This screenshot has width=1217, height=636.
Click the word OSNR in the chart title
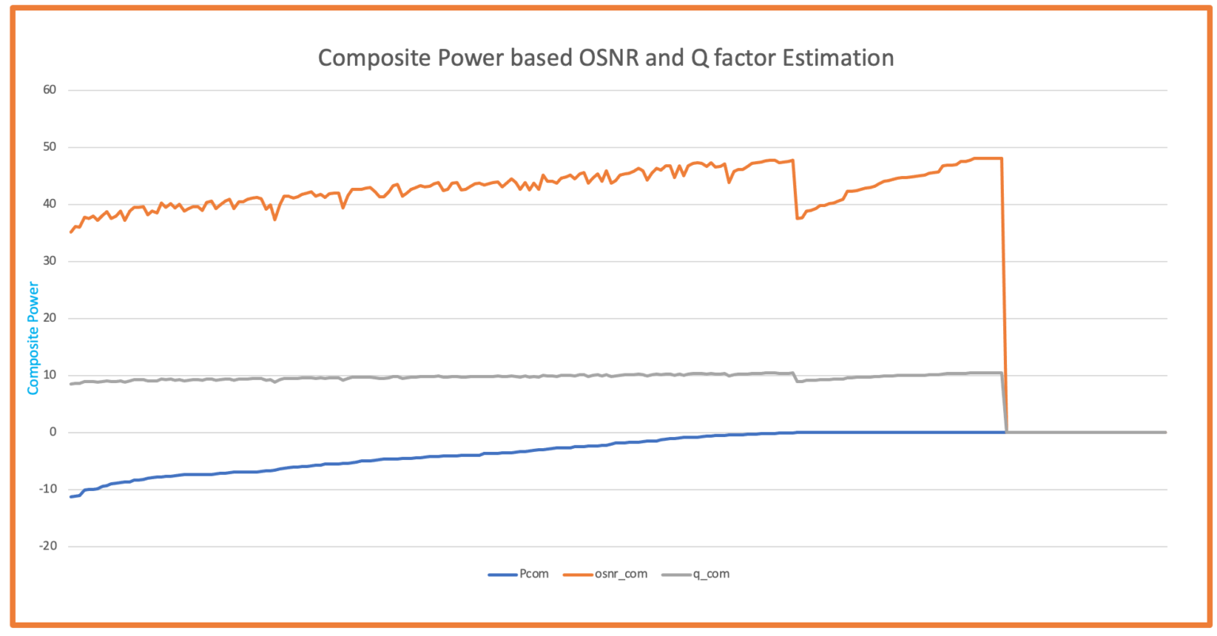609,58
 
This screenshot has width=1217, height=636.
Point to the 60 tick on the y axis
50,90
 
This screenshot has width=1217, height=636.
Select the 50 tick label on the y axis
50,147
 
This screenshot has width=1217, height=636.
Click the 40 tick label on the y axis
50,204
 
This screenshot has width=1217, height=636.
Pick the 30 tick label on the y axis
50,261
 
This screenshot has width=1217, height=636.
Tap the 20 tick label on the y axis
50,318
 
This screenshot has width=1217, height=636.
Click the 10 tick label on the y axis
50,375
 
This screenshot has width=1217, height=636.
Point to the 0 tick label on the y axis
53,432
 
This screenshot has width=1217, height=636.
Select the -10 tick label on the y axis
48,489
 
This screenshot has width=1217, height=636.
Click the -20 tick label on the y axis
48,546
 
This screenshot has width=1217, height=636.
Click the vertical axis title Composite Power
33,338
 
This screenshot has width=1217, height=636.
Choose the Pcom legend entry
533,574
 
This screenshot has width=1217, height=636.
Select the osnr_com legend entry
620,574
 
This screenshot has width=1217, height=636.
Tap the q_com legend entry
711,574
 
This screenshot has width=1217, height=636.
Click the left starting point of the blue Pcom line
71,496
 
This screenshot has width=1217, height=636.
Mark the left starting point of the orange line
71,232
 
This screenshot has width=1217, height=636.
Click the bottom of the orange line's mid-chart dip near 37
798,218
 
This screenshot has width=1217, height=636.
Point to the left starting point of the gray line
71,384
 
